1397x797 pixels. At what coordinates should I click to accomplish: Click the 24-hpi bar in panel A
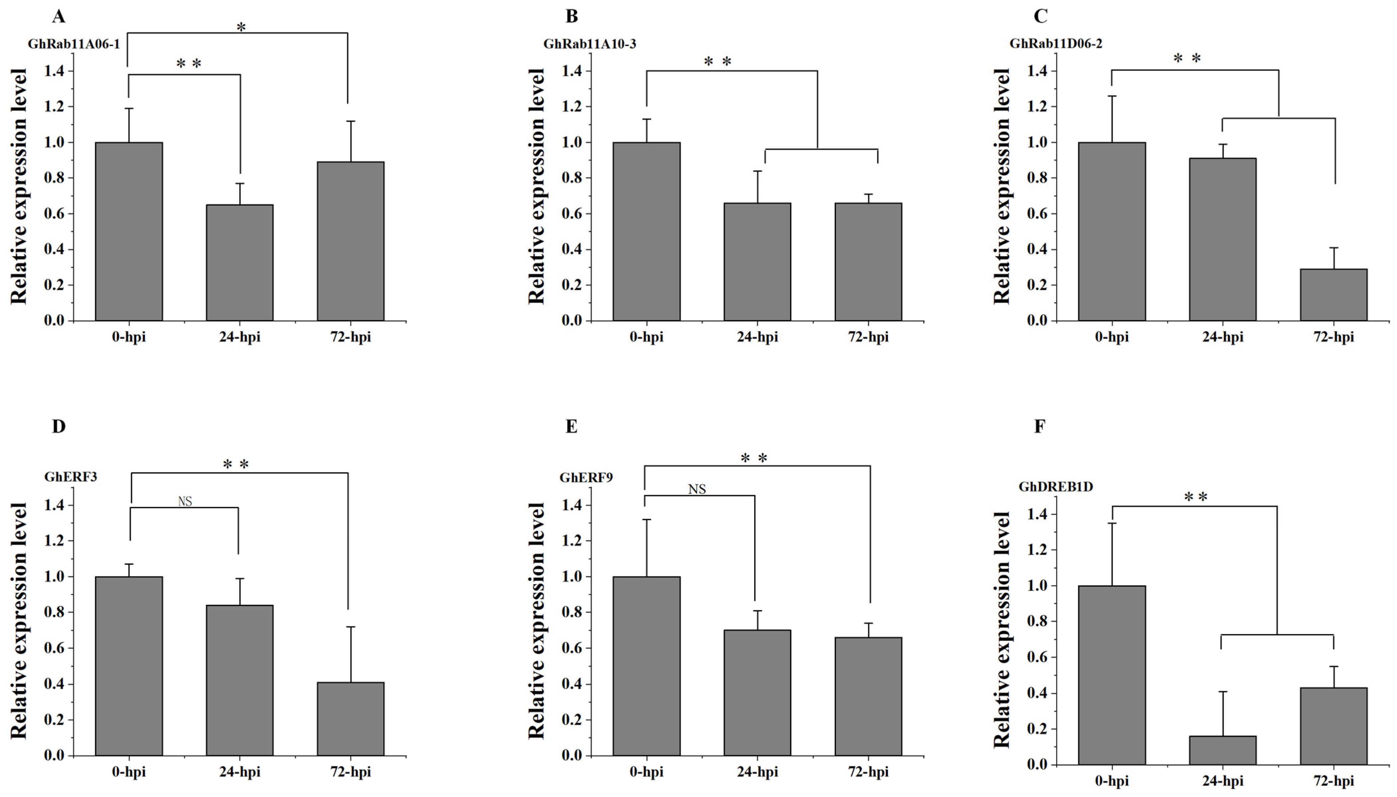240,263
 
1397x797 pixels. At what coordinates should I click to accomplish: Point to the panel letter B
571,16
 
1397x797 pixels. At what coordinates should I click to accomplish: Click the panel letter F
1040,426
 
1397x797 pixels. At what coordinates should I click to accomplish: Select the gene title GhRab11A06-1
74,44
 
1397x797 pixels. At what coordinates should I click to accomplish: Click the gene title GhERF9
586,477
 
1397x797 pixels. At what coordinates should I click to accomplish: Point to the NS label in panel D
185,501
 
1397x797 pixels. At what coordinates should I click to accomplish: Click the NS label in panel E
697,489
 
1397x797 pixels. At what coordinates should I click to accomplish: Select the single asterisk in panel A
241,26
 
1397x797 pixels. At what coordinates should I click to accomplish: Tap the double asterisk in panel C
1187,58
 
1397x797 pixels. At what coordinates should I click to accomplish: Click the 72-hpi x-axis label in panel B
868,337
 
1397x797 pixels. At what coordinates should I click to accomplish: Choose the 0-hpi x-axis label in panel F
1112,781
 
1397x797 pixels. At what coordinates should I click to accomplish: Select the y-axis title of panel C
1001,186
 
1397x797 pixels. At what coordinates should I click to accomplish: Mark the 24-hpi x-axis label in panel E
757,772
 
